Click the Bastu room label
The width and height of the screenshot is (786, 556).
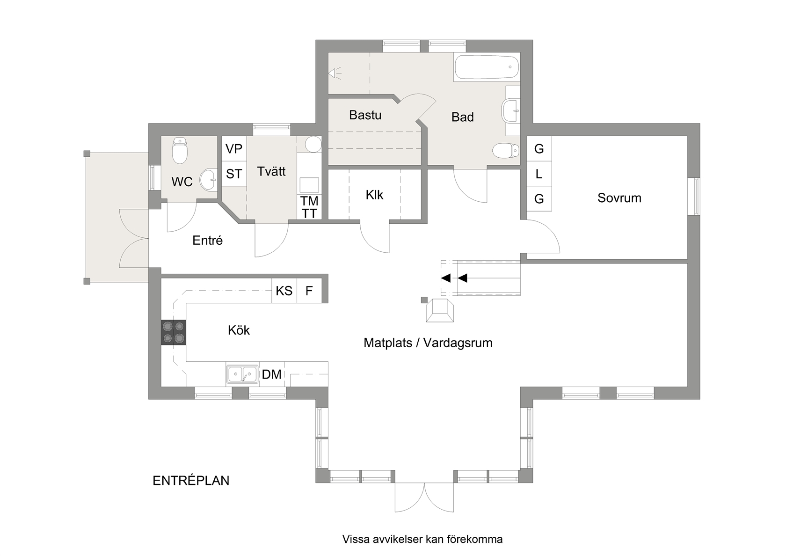pos(365,115)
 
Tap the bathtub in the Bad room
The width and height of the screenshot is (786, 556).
pos(487,66)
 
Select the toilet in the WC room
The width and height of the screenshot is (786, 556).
pos(180,150)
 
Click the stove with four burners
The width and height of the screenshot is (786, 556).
pos(173,332)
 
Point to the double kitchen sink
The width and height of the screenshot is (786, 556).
pos(242,374)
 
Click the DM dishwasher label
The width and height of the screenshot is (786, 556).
pos(271,374)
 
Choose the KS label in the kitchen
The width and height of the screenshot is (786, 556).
pos(284,291)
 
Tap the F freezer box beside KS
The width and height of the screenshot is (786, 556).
pos(309,291)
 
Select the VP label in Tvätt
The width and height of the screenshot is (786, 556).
pos(234,149)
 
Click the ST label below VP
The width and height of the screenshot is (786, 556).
pos(234,174)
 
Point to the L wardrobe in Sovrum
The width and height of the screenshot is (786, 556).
pos(539,174)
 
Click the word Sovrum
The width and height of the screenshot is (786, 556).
pos(619,198)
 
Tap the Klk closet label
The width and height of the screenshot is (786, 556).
pos(374,195)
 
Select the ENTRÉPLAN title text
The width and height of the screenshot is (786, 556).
pos(191,481)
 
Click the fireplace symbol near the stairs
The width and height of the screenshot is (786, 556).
pos(440,310)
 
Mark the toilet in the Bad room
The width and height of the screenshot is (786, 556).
pos(506,151)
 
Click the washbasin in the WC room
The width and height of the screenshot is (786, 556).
pos(209,180)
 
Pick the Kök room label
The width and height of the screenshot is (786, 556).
pos(239,330)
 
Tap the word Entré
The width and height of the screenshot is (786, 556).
pos(207,241)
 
